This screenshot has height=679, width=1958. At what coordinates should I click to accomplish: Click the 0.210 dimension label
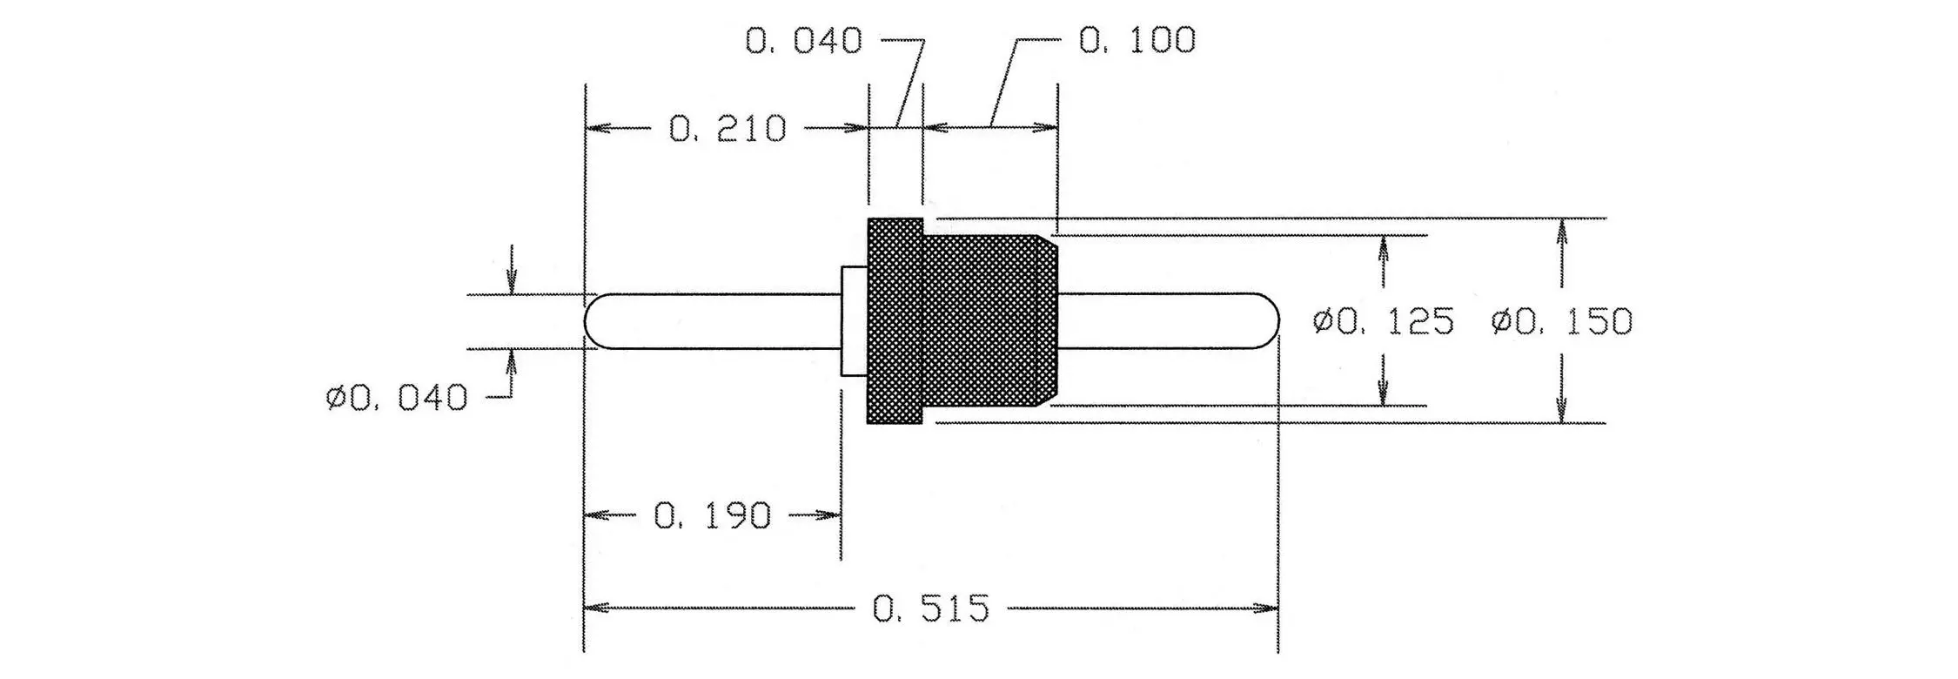click(x=728, y=129)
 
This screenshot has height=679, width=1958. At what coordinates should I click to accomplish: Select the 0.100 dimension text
click(x=1137, y=40)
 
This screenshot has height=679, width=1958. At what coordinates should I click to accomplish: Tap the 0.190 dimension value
click(x=712, y=516)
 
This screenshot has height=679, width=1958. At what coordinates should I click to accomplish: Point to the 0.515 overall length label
click(x=931, y=608)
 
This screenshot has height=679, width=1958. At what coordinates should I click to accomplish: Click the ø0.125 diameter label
click(x=1383, y=322)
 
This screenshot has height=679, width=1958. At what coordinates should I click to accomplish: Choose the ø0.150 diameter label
click(x=1561, y=322)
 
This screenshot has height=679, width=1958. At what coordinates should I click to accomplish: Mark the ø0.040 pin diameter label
click(x=397, y=398)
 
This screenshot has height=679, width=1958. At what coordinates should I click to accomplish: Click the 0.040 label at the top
click(x=803, y=40)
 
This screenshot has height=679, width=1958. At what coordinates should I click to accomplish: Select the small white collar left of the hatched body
click(x=855, y=321)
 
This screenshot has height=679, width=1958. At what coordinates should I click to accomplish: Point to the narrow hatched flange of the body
click(x=895, y=321)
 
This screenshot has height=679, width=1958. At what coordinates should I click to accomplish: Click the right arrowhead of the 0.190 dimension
click(x=828, y=516)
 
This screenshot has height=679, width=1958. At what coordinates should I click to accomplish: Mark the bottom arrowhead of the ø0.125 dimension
click(x=1384, y=393)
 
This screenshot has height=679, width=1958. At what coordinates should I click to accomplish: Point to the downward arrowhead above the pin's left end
click(x=512, y=281)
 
